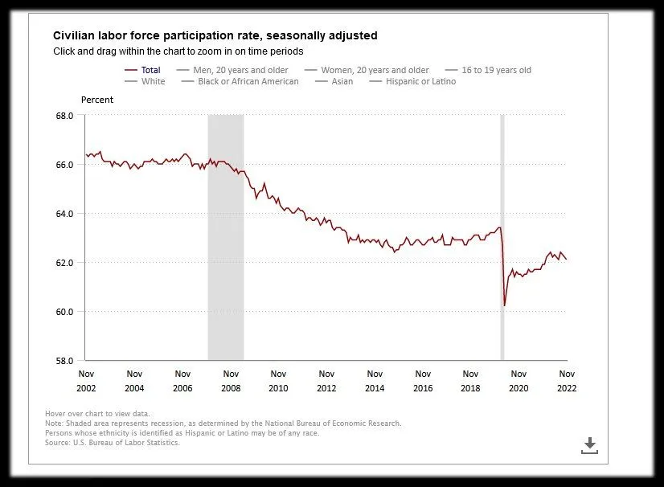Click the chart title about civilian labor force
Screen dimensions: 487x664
coord(215,35)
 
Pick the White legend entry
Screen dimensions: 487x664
coord(153,81)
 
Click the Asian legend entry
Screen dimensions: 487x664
coord(342,81)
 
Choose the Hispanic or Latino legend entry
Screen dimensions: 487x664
coord(420,81)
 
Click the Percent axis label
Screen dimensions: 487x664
coord(97,100)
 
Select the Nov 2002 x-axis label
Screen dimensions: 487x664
coord(87,380)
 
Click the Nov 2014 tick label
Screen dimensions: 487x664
coord(375,380)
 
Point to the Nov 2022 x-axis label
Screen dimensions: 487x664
coord(567,380)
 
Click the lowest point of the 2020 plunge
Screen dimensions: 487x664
coord(504,305)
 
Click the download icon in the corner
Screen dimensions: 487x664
coord(590,445)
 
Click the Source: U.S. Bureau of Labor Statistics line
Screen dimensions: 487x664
coord(113,442)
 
